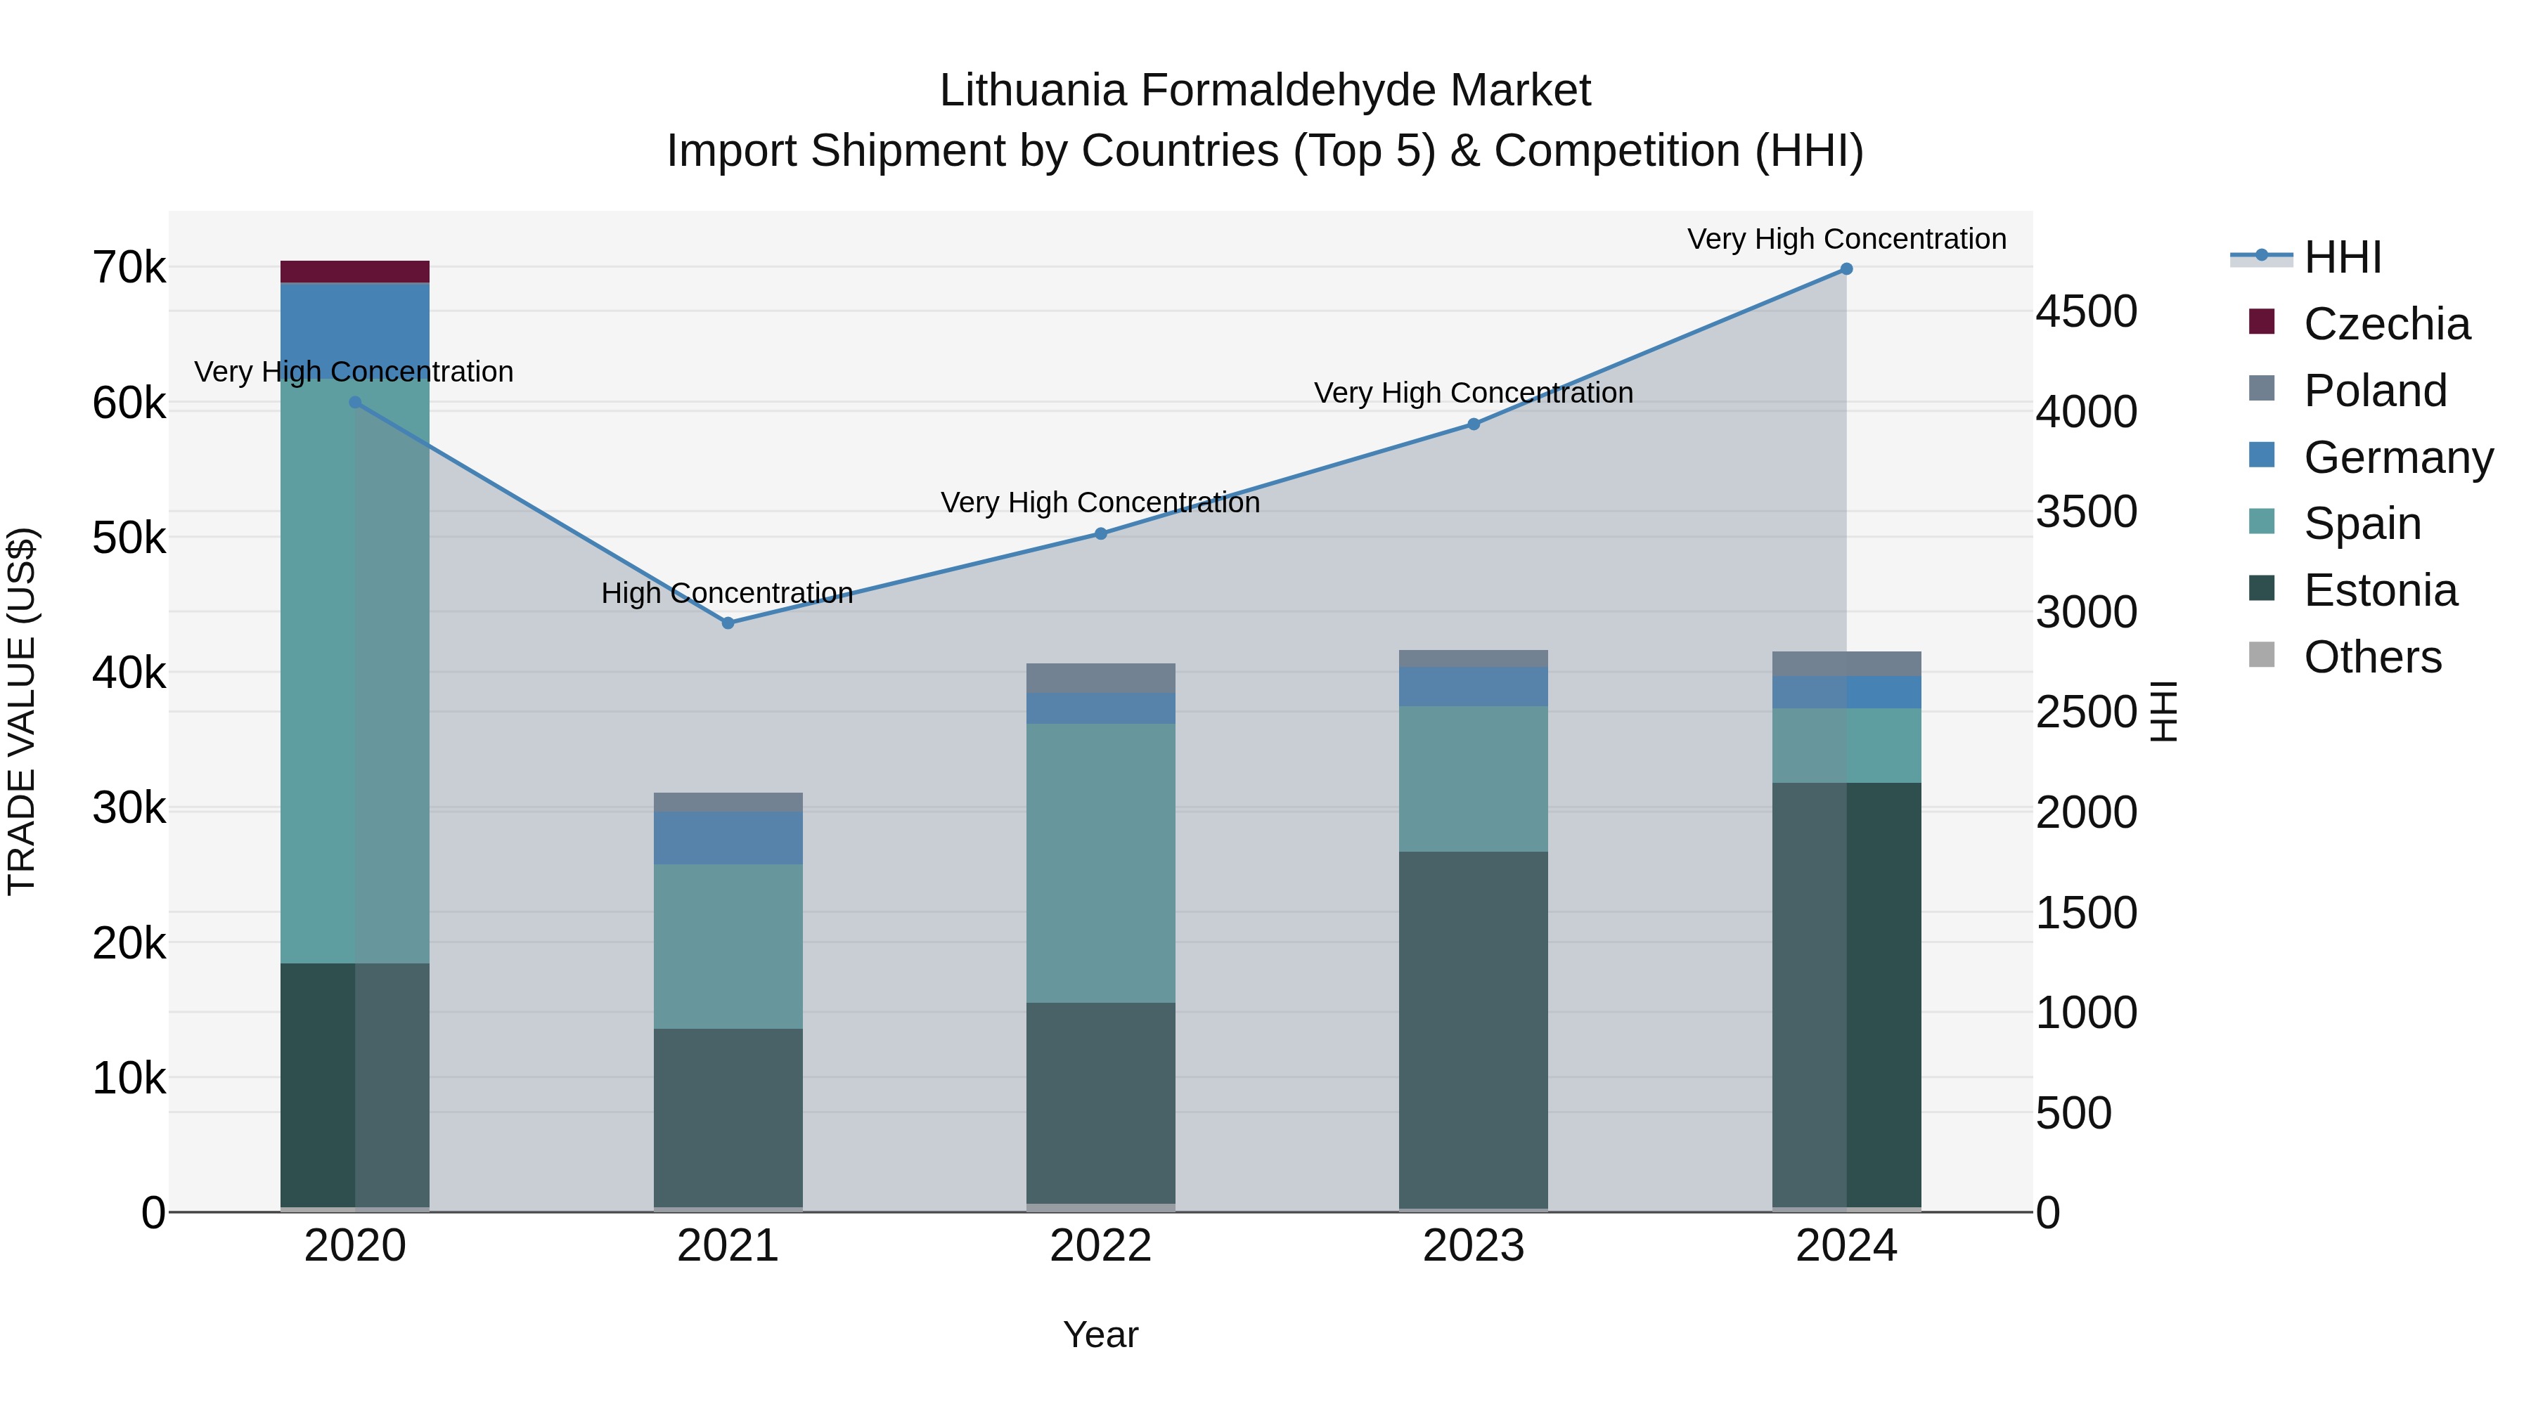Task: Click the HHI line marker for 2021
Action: click(728, 623)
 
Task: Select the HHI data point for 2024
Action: click(1846, 269)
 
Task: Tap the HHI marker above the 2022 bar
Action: click(1100, 533)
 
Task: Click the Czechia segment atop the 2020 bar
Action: click(355, 272)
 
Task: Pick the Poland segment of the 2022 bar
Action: click(1100, 679)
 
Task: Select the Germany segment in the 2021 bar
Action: click(728, 838)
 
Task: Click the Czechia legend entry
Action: click(2385, 324)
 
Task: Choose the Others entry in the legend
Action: click(2372, 657)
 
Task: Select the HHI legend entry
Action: click(2343, 257)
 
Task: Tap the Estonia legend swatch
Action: click(2261, 590)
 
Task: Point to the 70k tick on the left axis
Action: click(129, 267)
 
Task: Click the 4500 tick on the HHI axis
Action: click(2085, 311)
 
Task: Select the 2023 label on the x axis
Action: click(1473, 1245)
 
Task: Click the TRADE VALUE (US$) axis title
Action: click(22, 711)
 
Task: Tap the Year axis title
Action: click(1100, 1334)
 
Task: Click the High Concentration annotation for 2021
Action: click(727, 593)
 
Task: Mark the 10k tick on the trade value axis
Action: click(129, 1078)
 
